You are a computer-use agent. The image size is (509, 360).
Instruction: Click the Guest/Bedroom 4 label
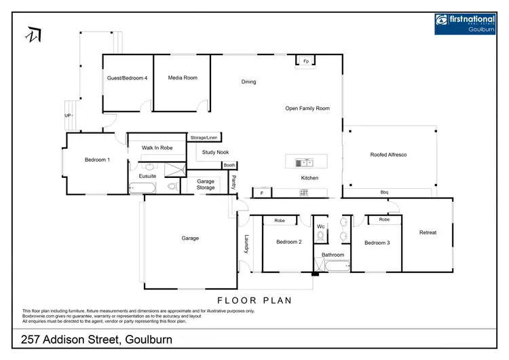[x=127, y=78]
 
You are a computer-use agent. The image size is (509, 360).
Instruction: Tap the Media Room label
[x=183, y=78]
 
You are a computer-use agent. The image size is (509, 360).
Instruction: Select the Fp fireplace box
[x=306, y=62]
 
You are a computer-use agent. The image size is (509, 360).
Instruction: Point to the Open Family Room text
[x=307, y=108]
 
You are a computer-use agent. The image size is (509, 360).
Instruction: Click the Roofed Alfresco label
[x=388, y=155]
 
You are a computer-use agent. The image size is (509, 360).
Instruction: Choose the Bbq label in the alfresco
[x=383, y=192]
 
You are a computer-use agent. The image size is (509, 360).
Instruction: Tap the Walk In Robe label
[x=157, y=147]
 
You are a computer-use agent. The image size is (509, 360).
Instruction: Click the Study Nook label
[x=215, y=153]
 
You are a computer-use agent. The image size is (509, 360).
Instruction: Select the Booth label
[x=229, y=165]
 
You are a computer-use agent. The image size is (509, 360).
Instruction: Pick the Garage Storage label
[x=206, y=184]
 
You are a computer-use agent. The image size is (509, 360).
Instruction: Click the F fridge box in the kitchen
[x=262, y=193]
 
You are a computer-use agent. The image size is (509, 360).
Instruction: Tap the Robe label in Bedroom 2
[x=279, y=221]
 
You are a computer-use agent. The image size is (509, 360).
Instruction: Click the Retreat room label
[x=428, y=232]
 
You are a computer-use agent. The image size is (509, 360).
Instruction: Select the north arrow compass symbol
[x=33, y=33]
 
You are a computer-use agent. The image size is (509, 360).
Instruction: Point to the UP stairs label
[x=68, y=116]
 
